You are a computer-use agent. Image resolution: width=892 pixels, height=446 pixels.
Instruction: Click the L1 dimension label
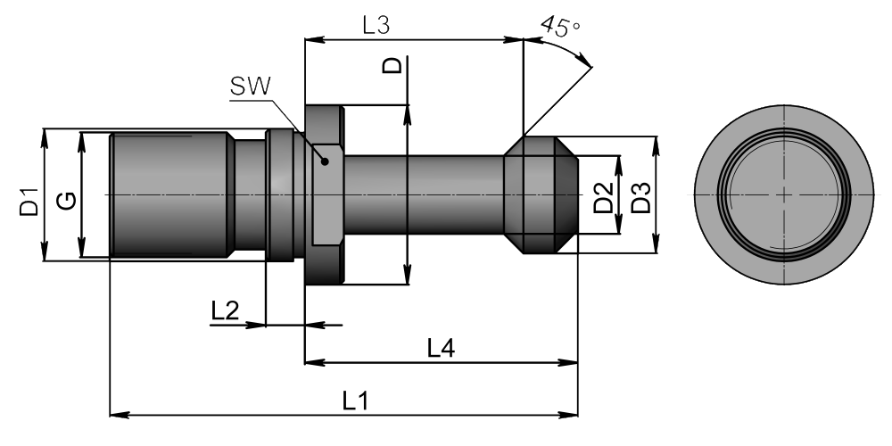pyautogui.click(x=356, y=401)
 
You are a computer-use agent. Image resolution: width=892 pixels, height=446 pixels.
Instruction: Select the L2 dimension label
pyautogui.click(x=226, y=311)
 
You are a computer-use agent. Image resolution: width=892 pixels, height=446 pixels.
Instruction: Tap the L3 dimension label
pyautogui.click(x=376, y=26)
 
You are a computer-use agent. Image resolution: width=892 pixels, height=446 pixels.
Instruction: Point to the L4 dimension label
pyautogui.click(x=442, y=348)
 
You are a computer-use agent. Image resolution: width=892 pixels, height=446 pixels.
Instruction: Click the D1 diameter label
pyautogui.click(x=29, y=202)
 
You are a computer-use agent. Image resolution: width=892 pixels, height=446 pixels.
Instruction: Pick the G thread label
pyautogui.click(x=67, y=201)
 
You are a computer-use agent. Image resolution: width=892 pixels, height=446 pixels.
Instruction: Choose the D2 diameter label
pyautogui.click(x=604, y=197)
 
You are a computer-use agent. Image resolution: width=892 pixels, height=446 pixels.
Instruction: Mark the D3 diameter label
pyautogui.click(x=641, y=197)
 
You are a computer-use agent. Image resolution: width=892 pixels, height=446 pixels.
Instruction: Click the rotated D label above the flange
pyautogui.click(x=392, y=65)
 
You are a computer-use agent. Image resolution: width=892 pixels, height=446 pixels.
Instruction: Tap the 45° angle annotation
pyautogui.click(x=561, y=26)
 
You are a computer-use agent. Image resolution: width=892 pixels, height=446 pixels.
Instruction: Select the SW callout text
pyautogui.click(x=251, y=87)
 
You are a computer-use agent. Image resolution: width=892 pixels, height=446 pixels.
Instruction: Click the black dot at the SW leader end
pyautogui.click(x=325, y=161)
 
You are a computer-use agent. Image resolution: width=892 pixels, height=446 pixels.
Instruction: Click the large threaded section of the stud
pyautogui.click(x=170, y=194)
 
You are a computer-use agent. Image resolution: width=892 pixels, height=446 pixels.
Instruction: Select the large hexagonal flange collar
pyautogui.click(x=325, y=194)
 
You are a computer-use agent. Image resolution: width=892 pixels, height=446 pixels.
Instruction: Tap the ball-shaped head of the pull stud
pyautogui.click(x=541, y=194)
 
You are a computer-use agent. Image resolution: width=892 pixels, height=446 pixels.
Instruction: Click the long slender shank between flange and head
pyautogui.click(x=424, y=194)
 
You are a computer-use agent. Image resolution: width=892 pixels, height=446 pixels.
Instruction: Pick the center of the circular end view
pyautogui.click(x=784, y=194)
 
